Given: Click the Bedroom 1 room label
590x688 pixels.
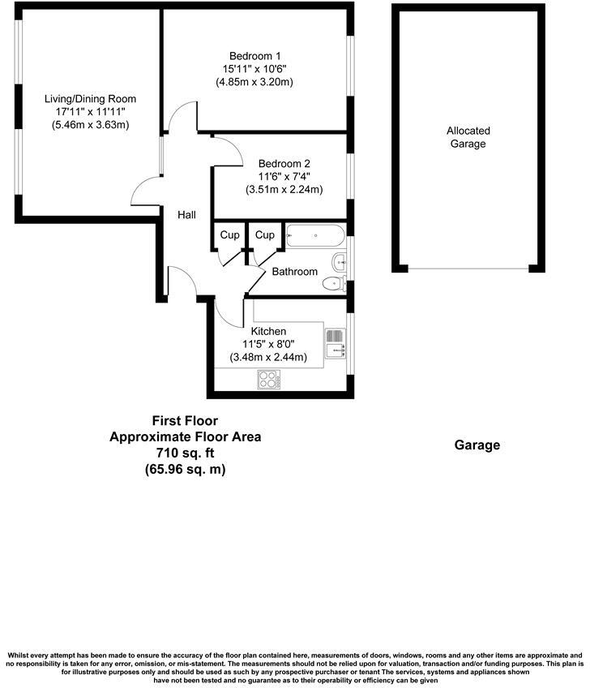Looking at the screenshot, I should (254, 54).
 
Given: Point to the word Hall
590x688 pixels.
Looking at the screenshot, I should (187, 215).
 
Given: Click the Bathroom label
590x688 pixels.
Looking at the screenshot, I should (294, 272).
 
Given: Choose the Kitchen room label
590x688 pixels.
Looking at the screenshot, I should (268, 331).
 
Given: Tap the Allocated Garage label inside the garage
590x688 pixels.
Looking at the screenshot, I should (468, 137).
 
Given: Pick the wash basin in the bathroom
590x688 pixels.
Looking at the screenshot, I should (340, 261).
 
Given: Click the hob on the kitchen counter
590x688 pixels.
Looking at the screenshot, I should (268, 378).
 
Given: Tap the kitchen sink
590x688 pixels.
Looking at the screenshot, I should (334, 343).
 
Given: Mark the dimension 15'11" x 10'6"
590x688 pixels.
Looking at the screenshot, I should (254, 68).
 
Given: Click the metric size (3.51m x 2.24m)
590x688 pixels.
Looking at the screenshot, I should (284, 190).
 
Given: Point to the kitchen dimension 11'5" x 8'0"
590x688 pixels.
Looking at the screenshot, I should (268, 344).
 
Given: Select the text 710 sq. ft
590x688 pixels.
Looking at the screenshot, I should (186, 453).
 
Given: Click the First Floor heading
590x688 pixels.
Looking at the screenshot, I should (186, 421).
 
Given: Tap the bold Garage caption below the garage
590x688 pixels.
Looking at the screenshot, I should (477, 445).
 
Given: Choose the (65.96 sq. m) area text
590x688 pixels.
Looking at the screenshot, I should (186, 469).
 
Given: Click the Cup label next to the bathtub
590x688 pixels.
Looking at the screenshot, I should (264, 235).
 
